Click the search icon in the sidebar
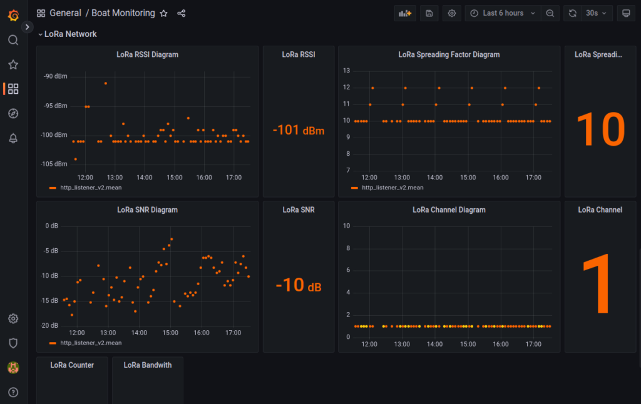[x=13, y=40]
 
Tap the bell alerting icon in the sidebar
[x=13, y=138]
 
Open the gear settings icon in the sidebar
[x=13, y=318]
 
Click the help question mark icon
[x=13, y=392]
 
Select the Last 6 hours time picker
[x=503, y=13]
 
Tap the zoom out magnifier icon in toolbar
[x=550, y=13]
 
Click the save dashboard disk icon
[x=429, y=13]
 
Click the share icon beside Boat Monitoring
[x=182, y=13]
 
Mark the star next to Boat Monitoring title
[x=163, y=13]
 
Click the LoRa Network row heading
[x=70, y=34]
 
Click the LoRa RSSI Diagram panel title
[x=147, y=54]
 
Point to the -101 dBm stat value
[x=299, y=131]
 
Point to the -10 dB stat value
[x=299, y=285]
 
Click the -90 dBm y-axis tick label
[x=55, y=76]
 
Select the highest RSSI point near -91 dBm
[x=105, y=83]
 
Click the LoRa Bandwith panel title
[x=148, y=365]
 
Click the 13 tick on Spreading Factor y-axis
[x=346, y=70]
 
